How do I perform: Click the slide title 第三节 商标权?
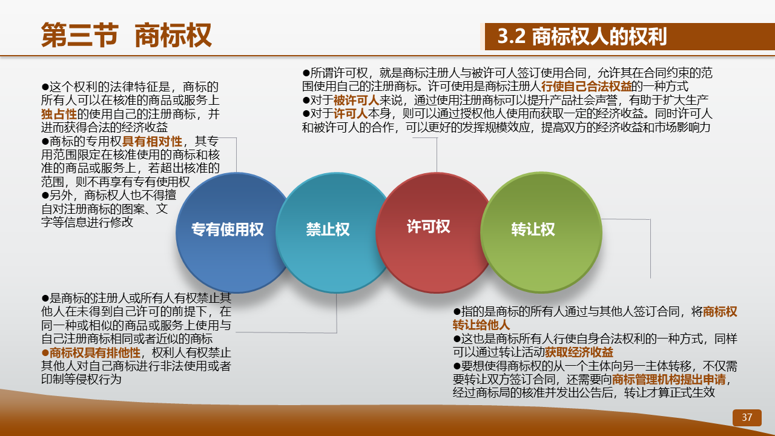pos(127,35)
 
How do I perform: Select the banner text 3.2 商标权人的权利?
pos(582,36)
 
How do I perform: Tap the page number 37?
pos(747,417)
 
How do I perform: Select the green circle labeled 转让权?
pos(541,233)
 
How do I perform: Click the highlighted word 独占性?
pos(59,114)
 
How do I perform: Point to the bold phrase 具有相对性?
pos(152,141)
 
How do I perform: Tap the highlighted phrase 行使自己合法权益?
pos(587,87)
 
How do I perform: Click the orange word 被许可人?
pos(357,101)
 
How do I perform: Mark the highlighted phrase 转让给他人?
pos(481,325)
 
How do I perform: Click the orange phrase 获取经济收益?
pos(579,352)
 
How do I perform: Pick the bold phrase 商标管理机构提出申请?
pos(669,380)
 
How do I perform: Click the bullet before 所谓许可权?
pos(306,73)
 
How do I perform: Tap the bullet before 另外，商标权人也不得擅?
pos(45,196)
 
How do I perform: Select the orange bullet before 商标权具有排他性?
pos(45,353)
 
